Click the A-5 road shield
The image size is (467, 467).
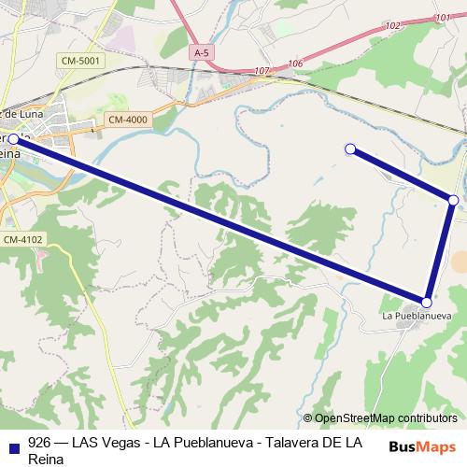[201, 53]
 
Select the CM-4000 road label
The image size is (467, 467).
[127, 119]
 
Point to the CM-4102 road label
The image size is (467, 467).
[22, 240]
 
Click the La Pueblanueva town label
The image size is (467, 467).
[417, 316]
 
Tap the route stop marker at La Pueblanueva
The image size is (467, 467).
[427, 303]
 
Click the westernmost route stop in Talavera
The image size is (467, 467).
[13, 139]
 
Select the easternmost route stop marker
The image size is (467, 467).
[453, 200]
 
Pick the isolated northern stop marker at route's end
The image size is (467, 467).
[350, 149]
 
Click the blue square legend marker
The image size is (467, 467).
[12, 444]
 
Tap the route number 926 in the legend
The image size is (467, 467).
[38, 443]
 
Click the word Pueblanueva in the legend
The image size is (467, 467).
[209, 443]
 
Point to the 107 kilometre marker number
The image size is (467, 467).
[262, 70]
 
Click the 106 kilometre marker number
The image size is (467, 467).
[296, 63]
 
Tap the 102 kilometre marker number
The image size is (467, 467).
[391, 25]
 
